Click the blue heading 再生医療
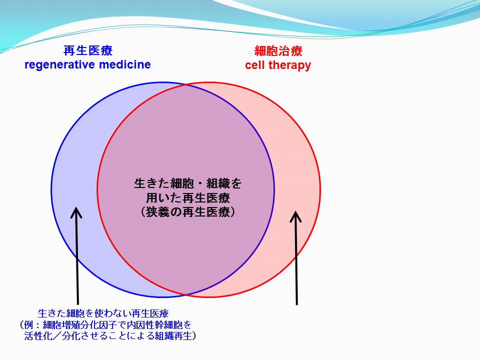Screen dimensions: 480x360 [x=88, y=50]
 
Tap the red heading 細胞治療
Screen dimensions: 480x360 [x=278, y=51]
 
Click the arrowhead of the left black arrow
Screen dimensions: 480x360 [x=76, y=212]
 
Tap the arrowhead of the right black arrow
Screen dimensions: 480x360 [x=295, y=216]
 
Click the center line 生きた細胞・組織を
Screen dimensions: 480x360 [x=187, y=183]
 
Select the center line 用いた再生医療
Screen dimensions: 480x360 [x=187, y=198]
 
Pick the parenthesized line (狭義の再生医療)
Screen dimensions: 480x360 [x=187, y=212]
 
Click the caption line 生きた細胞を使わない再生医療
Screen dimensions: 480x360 [x=103, y=313]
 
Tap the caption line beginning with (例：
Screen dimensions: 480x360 [x=105, y=325]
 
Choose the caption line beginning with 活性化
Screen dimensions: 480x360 [x=110, y=336]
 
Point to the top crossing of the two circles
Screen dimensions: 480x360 [x=186, y=85]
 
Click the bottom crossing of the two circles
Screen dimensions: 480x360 [x=186, y=294]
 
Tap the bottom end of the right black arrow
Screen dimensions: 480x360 [x=296, y=304]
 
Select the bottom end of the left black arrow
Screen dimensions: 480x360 [x=78, y=304]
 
